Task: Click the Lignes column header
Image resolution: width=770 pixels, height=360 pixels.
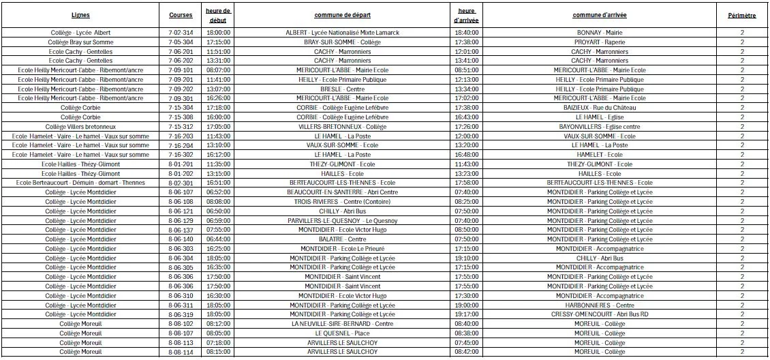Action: [80, 14]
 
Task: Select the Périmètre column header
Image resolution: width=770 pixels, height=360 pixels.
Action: [741, 14]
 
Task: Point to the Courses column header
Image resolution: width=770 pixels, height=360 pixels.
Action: [181, 14]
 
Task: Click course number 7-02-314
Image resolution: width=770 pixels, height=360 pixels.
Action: [181, 33]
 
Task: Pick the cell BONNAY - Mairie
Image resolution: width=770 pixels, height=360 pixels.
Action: [600, 33]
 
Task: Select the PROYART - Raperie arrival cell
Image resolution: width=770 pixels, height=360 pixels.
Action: [600, 42]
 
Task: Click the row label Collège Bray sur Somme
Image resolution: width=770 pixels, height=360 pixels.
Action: [80, 42]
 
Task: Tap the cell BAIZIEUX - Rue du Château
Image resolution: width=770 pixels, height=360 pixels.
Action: [600, 108]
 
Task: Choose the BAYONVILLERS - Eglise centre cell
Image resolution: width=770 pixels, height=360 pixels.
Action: [600, 127]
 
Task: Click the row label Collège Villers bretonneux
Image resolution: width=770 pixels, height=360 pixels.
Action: [80, 127]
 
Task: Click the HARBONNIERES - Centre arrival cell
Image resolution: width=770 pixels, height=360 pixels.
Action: [600, 305]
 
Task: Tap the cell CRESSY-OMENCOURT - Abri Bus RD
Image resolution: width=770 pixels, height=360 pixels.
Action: [600, 314]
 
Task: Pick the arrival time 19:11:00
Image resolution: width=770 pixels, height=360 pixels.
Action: [467, 314]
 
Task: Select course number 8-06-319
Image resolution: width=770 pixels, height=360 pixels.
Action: [181, 314]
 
